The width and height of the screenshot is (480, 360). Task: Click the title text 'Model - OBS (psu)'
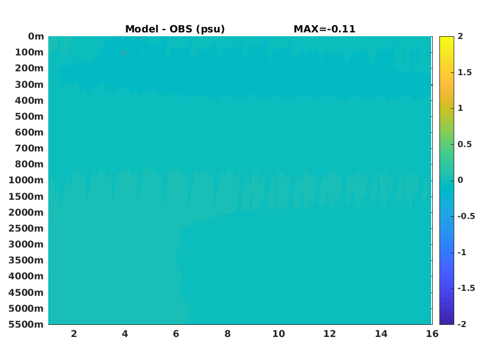click(x=175, y=29)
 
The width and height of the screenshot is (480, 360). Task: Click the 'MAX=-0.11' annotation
click(x=325, y=29)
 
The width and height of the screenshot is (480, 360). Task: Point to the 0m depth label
click(x=36, y=36)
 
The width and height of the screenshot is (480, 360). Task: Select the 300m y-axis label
click(x=30, y=85)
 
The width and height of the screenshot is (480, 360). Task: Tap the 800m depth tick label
click(x=30, y=165)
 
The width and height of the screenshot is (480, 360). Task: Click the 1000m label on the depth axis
click(x=26, y=181)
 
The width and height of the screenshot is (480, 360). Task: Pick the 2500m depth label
click(x=26, y=228)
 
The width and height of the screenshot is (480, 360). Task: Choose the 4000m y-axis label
click(x=26, y=276)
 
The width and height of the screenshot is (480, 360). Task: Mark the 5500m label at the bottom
click(x=26, y=324)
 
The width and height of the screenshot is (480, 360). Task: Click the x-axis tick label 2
click(x=74, y=334)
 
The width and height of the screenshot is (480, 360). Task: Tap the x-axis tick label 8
click(x=227, y=334)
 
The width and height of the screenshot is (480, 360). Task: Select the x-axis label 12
click(x=329, y=334)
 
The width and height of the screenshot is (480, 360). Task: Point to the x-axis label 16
click(x=432, y=334)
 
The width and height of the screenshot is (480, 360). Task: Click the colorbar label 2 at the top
click(x=460, y=36)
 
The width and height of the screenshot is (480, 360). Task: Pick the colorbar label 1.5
click(x=465, y=72)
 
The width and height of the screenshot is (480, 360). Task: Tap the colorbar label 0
click(x=460, y=180)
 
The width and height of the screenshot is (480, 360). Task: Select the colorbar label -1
click(x=462, y=252)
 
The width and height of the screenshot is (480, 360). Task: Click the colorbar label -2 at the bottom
click(x=462, y=324)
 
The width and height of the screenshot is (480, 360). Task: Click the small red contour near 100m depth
click(x=123, y=53)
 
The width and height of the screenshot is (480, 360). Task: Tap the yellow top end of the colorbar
click(x=447, y=37)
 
